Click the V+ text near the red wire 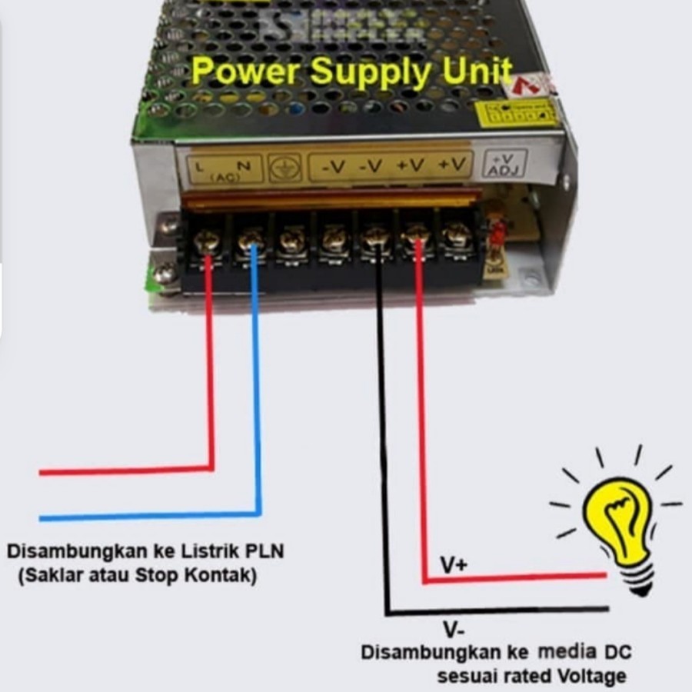[454, 565]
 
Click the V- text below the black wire [452, 629]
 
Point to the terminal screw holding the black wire [375, 239]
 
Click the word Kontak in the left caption [226, 574]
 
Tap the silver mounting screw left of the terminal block [164, 272]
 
